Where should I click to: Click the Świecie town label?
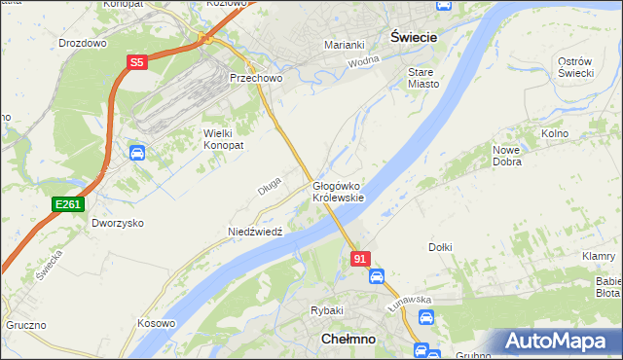[413, 35]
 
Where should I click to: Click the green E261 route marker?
[67, 203]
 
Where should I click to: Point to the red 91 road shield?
[360, 258]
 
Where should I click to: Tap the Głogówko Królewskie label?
[338, 192]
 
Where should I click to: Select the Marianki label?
[344, 45]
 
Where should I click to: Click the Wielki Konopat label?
[223, 138]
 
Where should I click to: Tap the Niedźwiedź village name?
[254, 233]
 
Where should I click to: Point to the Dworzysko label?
[118, 223]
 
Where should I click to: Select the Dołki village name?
[440, 247]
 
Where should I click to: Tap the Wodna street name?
[363, 61]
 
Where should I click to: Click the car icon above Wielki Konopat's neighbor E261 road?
[137, 153]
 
